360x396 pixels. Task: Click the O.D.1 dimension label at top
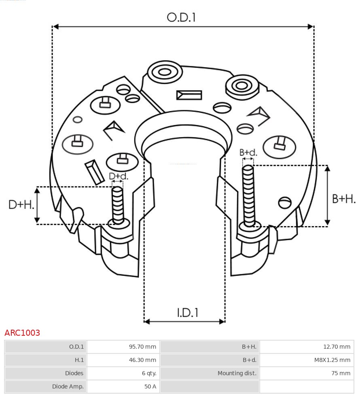[181, 17]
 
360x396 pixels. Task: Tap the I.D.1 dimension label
[187, 313]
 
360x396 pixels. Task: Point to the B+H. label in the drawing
[344, 199]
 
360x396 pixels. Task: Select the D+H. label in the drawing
[21, 205]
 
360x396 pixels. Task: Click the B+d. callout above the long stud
[248, 152]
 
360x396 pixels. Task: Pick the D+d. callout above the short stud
[119, 176]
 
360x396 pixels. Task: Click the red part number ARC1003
[22, 333]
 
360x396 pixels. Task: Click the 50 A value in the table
[150, 386]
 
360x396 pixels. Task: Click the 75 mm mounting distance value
[341, 373]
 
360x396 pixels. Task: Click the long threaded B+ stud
[249, 196]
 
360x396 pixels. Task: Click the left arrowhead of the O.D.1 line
[55, 27]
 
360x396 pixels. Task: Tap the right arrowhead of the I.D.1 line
[222, 322]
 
